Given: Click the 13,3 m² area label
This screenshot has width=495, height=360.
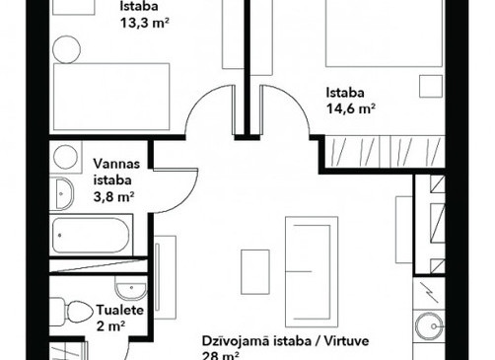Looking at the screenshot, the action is (145, 23).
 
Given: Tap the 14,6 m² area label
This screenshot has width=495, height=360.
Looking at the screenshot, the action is (351, 108).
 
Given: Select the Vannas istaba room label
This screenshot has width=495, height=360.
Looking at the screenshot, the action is (116, 172).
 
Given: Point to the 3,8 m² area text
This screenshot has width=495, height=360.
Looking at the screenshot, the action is (114, 197).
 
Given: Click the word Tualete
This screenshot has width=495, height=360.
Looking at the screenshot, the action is (120, 310).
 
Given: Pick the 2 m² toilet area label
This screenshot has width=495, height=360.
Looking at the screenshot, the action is (111, 326).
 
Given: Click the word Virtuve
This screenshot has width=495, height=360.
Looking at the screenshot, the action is (346, 341).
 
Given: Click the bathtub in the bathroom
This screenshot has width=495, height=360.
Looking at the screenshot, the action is (91, 236).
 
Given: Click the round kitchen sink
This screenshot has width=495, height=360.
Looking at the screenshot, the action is (429, 326).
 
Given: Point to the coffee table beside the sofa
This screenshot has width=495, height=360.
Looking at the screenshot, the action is (255, 272).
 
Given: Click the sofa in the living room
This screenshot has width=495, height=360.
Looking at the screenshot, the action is (312, 271).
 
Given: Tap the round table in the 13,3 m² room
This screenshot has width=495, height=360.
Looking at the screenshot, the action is (67, 49).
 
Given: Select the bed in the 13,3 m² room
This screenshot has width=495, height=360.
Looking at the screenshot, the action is (111, 97).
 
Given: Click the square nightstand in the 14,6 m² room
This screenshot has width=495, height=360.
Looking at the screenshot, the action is (431, 87).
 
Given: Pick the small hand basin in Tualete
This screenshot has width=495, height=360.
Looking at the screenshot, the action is (130, 289).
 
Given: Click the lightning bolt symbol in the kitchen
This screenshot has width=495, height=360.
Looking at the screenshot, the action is (430, 293).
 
